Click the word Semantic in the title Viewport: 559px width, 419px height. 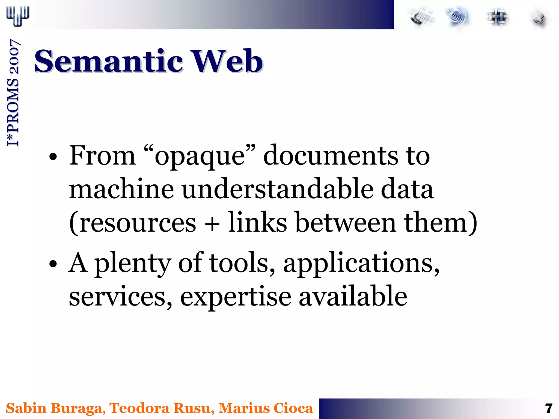point(108,61)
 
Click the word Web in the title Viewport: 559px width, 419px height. point(228,61)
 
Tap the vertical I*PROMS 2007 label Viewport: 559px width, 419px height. point(13,93)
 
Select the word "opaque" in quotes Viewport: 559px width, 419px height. point(200,156)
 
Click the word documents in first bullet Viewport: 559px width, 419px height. point(330,156)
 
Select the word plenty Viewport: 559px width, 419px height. point(133,264)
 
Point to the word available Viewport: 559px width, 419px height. point(353,297)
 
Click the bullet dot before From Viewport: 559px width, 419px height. point(53,157)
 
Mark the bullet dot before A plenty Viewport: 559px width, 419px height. point(53,264)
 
